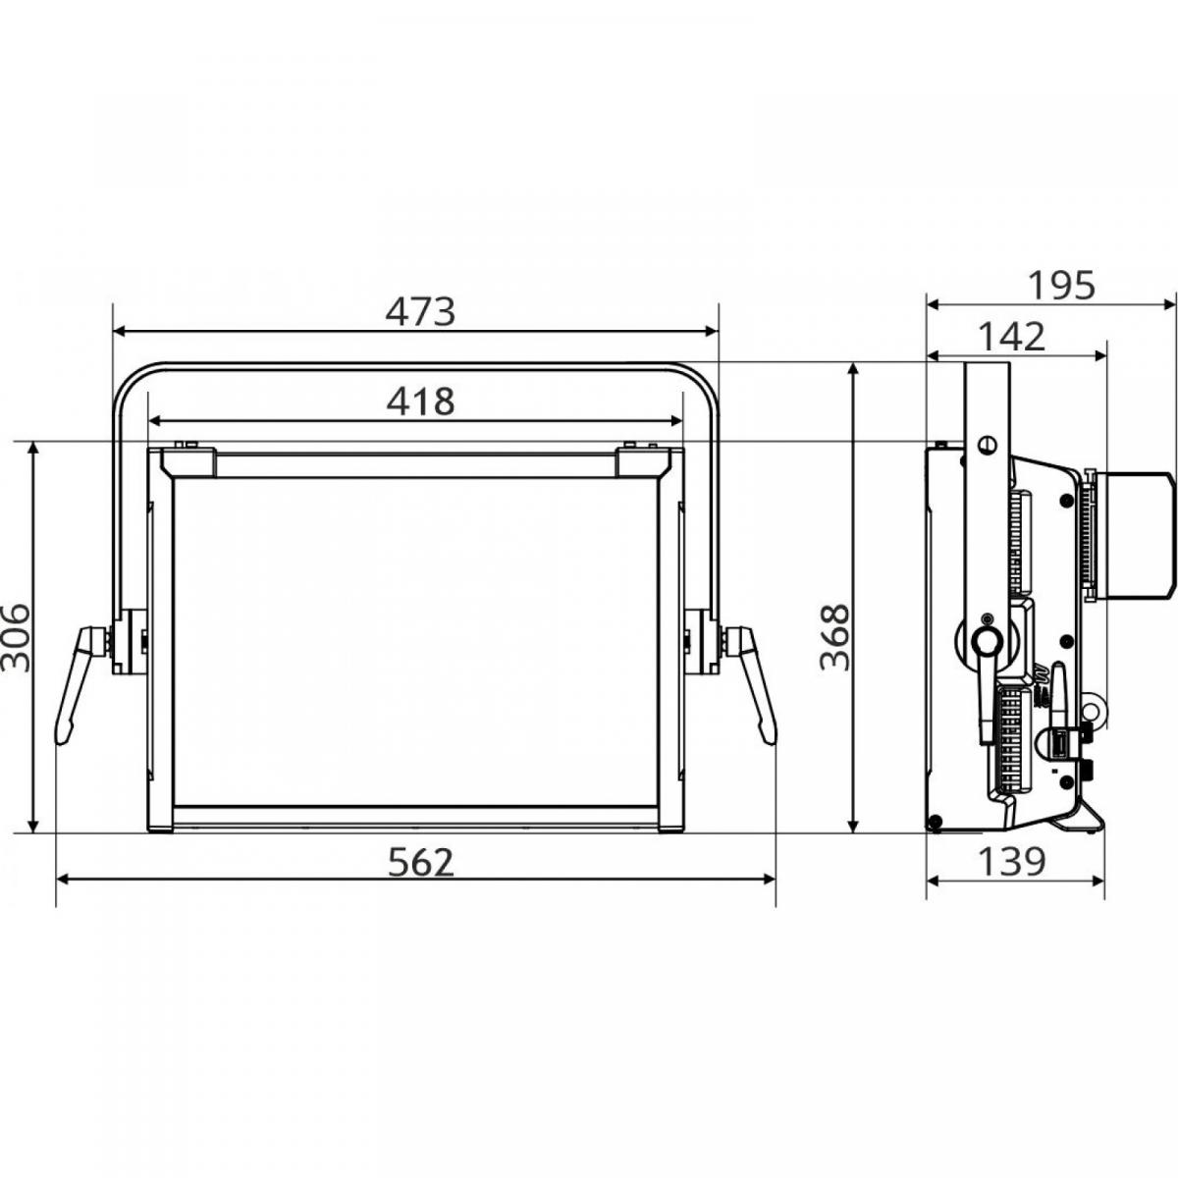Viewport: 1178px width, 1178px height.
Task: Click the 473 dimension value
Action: click(420, 311)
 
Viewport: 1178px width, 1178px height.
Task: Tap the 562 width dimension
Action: click(421, 862)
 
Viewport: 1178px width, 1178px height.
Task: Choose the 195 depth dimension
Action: click(1060, 286)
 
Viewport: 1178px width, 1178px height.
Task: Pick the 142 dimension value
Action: click(1012, 337)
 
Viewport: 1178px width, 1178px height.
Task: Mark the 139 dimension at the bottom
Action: click(1012, 862)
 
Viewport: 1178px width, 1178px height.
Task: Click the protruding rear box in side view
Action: click(1134, 535)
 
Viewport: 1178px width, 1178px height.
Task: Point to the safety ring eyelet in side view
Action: click(1090, 708)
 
